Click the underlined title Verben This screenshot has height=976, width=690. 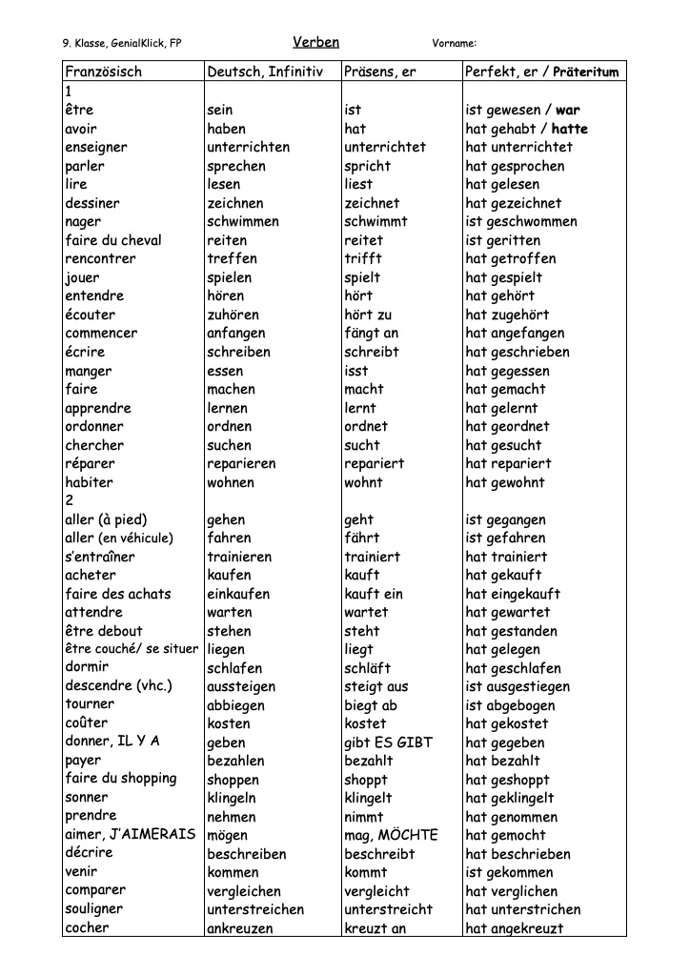pos(315,42)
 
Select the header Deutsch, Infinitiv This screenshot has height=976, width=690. pos(265,71)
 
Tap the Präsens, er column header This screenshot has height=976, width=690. pos(380,71)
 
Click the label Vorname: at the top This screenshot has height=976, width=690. pos(454,43)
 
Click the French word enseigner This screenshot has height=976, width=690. pos(95,147)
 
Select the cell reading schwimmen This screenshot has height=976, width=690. pos(243,221)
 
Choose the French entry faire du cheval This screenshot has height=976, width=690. pos(113,240)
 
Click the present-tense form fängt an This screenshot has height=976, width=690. pos(371,333)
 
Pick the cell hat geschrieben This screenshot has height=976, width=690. pos(517,352)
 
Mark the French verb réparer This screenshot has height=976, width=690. pos(92,463)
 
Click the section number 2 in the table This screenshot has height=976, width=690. pos(69,500)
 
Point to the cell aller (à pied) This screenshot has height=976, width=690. pos(106,519)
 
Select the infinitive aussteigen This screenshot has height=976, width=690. pos(241,686)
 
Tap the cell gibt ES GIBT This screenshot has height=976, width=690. pos(388,742)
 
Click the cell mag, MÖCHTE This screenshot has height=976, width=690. pos(391,835)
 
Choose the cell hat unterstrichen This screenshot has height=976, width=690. pos(523,909)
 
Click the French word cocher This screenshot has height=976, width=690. pos(87,927)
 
